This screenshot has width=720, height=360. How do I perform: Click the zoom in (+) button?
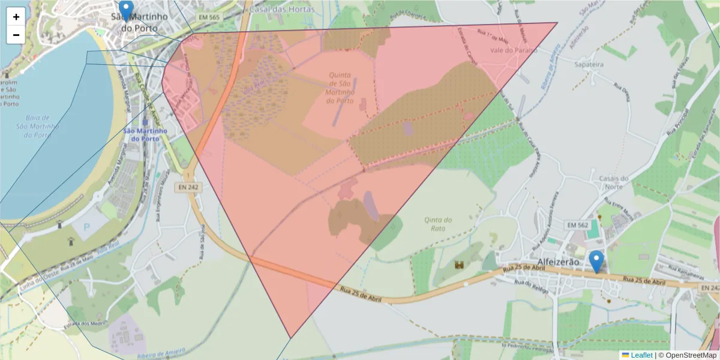pyautogui.click(x=16, y=17)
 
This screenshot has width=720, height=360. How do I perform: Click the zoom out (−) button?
pyautogui.click(x=16, y=35)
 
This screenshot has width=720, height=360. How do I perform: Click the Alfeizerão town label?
pyautogui.click(x=559, y=262)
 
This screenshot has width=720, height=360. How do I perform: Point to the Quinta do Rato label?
pyautogui.click(x=438, y=224)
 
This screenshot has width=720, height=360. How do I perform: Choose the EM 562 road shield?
pyautogui.click(x=577, y=225)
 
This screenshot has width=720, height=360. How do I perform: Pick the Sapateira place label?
pyautogui.click(x=589, y=63)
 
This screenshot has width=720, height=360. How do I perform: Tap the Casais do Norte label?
pyautogui.click(x=613, y=182)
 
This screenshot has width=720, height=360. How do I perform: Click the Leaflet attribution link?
pyautogui.click(x=641, y=355)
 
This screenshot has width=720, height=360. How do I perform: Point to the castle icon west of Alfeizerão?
pyautogui.click(x=460, y=265)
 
